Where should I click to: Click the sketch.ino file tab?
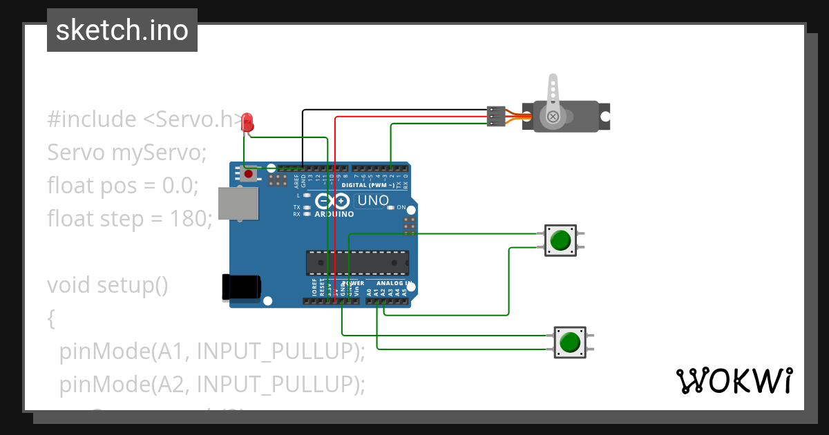(x=122, y=30)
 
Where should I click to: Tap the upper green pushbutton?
(x=560, y=240)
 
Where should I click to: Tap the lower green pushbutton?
(x=570, y=342)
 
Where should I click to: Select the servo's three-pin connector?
(x=495, y=116)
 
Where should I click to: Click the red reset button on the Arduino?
(x=247, y=175)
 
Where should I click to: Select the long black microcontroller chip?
(x=357, y=263)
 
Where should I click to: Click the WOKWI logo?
(x=734, y=380)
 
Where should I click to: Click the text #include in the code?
(x=92, y=119)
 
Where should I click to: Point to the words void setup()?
(x=107, y=284)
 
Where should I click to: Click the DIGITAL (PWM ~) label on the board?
(x=373, y=186)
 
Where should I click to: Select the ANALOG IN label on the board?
(x=394, y=284)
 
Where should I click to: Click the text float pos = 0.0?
(x=122, y=186)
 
